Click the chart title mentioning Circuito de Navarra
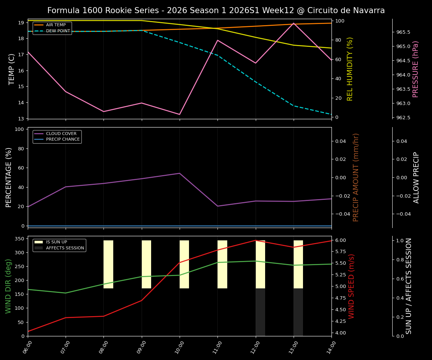click(x=216, y=10)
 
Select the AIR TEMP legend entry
click(x=55, y=25)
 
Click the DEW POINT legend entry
click(x=58, y=31)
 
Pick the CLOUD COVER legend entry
click(x=61, y=133)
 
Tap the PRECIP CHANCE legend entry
click(x=63, y=139)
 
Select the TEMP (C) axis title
click(x=12, y=69)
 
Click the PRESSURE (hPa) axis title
click(x=415, y=69)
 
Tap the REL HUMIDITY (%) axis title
click(x=350, y=69)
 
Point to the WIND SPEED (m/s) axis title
click(x=351, y=286)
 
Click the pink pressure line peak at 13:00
click(x=294, y=23)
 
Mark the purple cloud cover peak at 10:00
click(x=180, y=173)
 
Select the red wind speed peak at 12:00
click(x=256, y=240)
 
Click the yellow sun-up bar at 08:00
click(x=108, y=264)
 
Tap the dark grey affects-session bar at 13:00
click(x=298, y=312)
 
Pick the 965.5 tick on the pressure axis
click(x=403, y=32)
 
